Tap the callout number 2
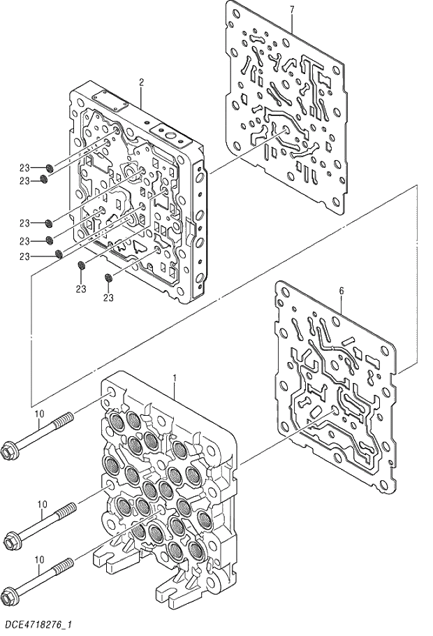point(141,82)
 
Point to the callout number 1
point(174,378)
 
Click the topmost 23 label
point(24,168)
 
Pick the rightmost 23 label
point(108,298)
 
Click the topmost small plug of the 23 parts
point(50,167)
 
